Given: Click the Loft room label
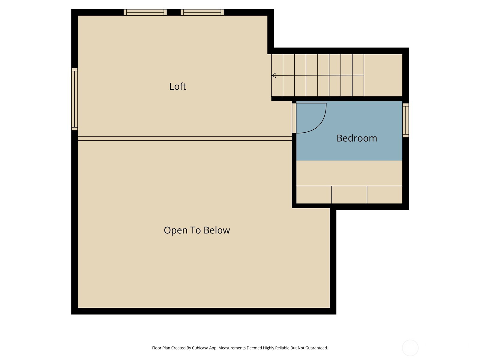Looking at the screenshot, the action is coord(178,86).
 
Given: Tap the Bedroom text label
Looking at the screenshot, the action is coord(357,138).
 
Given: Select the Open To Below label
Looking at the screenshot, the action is coord(197,230).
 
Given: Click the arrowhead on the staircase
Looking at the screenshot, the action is coord(274,75).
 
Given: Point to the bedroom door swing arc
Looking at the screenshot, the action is coord(319,124).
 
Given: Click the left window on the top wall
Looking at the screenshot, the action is coord(145,12).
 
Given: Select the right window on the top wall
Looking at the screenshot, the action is coord(202,12).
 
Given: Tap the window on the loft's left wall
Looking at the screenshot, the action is coord(75,99).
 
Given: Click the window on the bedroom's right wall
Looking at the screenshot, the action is coord(405,120).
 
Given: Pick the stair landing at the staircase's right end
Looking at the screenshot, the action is coord(383,75).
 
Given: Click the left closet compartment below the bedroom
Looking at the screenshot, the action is coord(314,195).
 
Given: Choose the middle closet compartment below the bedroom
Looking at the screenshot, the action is coord(349,195).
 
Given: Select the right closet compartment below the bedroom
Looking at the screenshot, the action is coord(385,195).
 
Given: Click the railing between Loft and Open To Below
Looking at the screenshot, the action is coord(185,138).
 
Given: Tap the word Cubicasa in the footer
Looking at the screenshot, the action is coord(200,348).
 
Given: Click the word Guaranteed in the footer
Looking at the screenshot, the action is coord(316,348).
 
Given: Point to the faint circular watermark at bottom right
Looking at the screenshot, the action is coord(410,348).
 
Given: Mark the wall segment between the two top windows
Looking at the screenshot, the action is coord(174,12).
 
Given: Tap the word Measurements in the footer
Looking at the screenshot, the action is coord(232,348).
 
